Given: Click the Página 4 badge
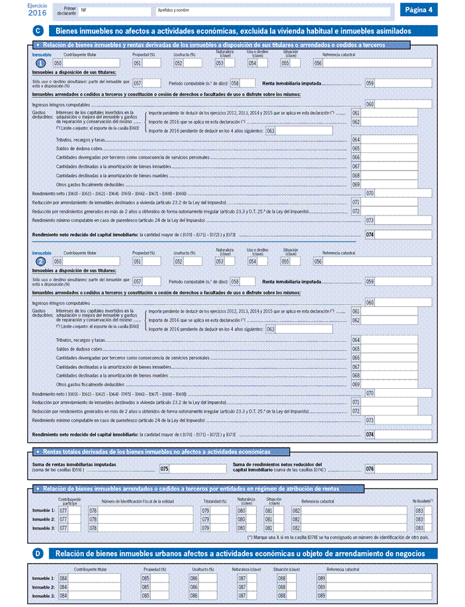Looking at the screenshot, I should pos(419,10).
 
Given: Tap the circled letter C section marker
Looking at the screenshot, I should pos(38,31).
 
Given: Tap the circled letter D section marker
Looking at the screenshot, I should pos(38,553).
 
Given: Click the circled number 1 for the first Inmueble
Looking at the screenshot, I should pos(41,63).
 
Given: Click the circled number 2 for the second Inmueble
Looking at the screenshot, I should pos(41,262).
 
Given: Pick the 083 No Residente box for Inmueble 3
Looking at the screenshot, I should pos(429,528).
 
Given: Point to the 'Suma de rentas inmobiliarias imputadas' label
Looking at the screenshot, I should pos(74,465).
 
